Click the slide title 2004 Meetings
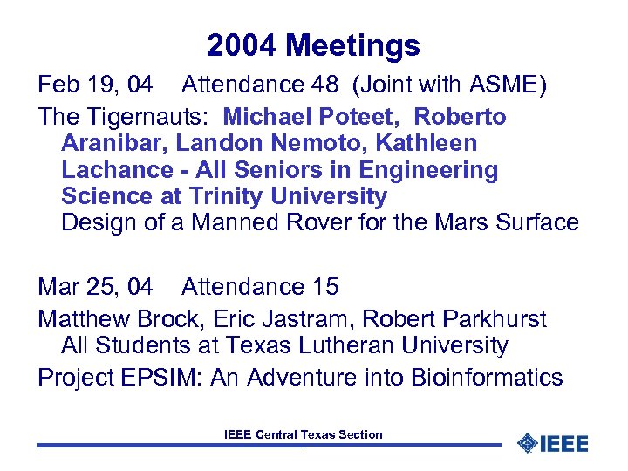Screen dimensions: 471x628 point(314,45)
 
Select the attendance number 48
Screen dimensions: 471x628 point(319,85)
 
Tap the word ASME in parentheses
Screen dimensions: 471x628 point(506,85)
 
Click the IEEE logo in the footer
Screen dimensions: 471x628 point(553,443)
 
